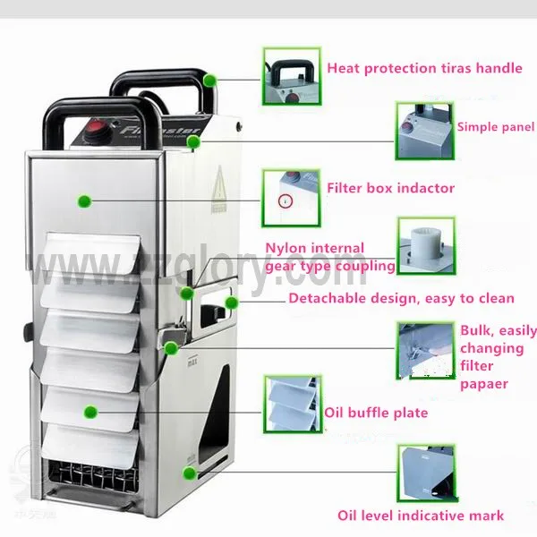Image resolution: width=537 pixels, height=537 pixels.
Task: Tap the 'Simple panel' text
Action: pos(495,127)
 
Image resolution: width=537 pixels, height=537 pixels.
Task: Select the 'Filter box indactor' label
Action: pos(390,189)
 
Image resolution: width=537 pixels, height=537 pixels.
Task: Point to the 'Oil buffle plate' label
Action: pos(377,413)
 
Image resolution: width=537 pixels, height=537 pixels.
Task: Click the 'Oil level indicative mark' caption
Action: pos(420,515)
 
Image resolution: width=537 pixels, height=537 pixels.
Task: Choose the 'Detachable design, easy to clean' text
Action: pos(401,298)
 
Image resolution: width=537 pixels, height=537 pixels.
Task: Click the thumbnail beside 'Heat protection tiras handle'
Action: pos(290,75)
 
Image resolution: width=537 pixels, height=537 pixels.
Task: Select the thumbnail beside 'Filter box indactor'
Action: pos(290,197)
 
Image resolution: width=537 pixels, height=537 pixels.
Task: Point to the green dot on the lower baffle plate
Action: pos(90,412)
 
